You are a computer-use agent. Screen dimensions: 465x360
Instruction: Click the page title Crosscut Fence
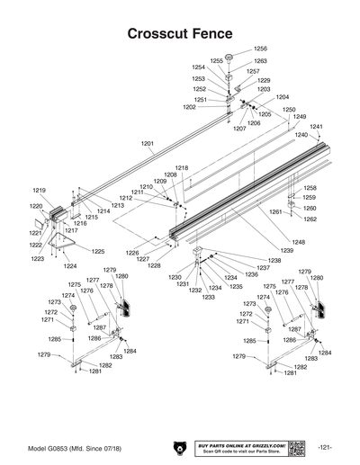pyautogui.click(x=180, y=33)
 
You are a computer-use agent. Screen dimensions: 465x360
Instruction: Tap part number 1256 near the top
pyautogui.click(x=260, y=48)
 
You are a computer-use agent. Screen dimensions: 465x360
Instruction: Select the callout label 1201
pyautogui.click(x=148, y=144)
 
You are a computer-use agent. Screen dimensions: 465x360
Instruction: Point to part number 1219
pyautogui.click(x=39, y=191)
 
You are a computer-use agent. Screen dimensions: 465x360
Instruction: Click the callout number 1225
pyautogui.click(x=98, y=251)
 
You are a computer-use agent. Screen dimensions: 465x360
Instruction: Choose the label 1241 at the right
pyautogui.click(x=315, y=127)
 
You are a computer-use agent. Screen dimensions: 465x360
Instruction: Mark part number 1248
pyautogui.click(x=298, y=242)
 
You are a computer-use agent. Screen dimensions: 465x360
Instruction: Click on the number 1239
pyautogui.click(x=286, y=251)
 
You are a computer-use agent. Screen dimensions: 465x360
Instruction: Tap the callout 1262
pyautogui.click(x=310, y=219)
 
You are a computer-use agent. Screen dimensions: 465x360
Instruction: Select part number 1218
pyautogui.click(x=182, y=168)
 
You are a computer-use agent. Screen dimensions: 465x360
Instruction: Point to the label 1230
pyautogui.click(x=175, y=277)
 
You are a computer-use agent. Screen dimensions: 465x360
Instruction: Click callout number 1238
pyautogui.click(x=274, y=261)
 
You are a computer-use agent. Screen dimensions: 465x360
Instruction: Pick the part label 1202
pyautogui.click(x=189, y=107)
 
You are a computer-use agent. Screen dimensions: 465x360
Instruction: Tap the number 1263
pyautogui.click(x=260, y=61)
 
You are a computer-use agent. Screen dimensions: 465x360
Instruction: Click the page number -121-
pyautogui.click(x=326, y=447)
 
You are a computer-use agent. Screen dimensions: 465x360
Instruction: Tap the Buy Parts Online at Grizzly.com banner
pyautogui.click(x=240, y=447)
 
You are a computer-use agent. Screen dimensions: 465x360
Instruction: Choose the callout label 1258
pyautogui.click(x=310, y=187)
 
